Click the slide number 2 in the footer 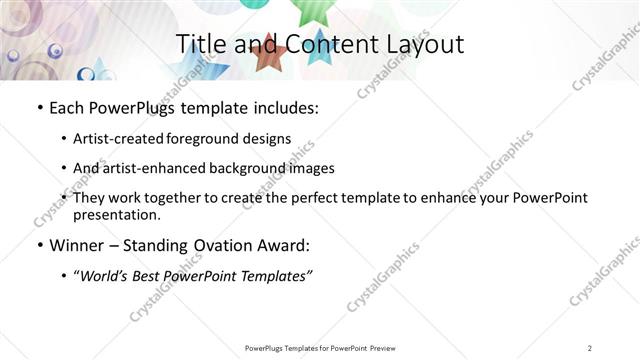tap(591, 348)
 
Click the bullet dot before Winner tap(38, 246)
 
